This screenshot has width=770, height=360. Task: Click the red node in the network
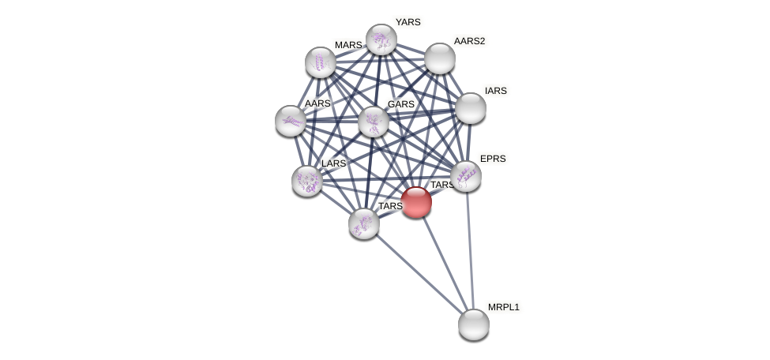click(416, 202)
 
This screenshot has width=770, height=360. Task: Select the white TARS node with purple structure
click(364, 223)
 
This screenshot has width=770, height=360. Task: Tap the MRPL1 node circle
click(474, 324)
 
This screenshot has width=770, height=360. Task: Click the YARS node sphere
click(381, 39)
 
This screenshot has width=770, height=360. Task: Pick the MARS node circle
click(321, 62)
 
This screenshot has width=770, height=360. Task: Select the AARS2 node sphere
click(440, 58)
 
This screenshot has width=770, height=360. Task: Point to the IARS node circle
click(471, 108)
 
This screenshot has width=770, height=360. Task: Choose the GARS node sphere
click(374, 122)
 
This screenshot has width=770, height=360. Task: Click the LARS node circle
click(307, 181)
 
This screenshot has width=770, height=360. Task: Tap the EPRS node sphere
click(466, 176)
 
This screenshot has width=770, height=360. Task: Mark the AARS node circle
click(291, 121)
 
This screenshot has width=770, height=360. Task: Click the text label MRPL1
click(503, 307)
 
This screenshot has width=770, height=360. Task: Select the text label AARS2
click(469, 41)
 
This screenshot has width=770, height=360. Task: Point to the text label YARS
click(408, 22)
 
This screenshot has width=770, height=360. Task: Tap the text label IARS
click(495, 91)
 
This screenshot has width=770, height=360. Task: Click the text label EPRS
click(492, 159)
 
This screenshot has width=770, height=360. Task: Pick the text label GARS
click(400, 104)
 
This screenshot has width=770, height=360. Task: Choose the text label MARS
click(347, 45)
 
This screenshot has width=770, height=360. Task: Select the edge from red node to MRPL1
click(445, 262)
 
